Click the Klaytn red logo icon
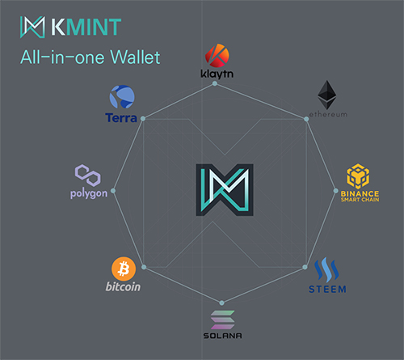(217, 55)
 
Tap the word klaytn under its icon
(217, 74)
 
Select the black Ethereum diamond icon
(327, 95)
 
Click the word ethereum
(328, 114)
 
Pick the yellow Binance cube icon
(358, 176)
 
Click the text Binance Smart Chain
(360, 197)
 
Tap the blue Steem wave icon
(326, 269)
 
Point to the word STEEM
(327, 290)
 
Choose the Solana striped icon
(222, 320)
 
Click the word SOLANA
(222, 336)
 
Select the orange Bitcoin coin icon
(124, 269)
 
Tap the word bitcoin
(123, 286)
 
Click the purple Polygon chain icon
(88, 176)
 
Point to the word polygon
(89, 193)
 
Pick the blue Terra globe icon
(122, 97)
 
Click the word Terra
(121, 118)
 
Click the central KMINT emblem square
(225, 190)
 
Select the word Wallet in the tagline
(136, 57)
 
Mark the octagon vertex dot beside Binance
(335, 191)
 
